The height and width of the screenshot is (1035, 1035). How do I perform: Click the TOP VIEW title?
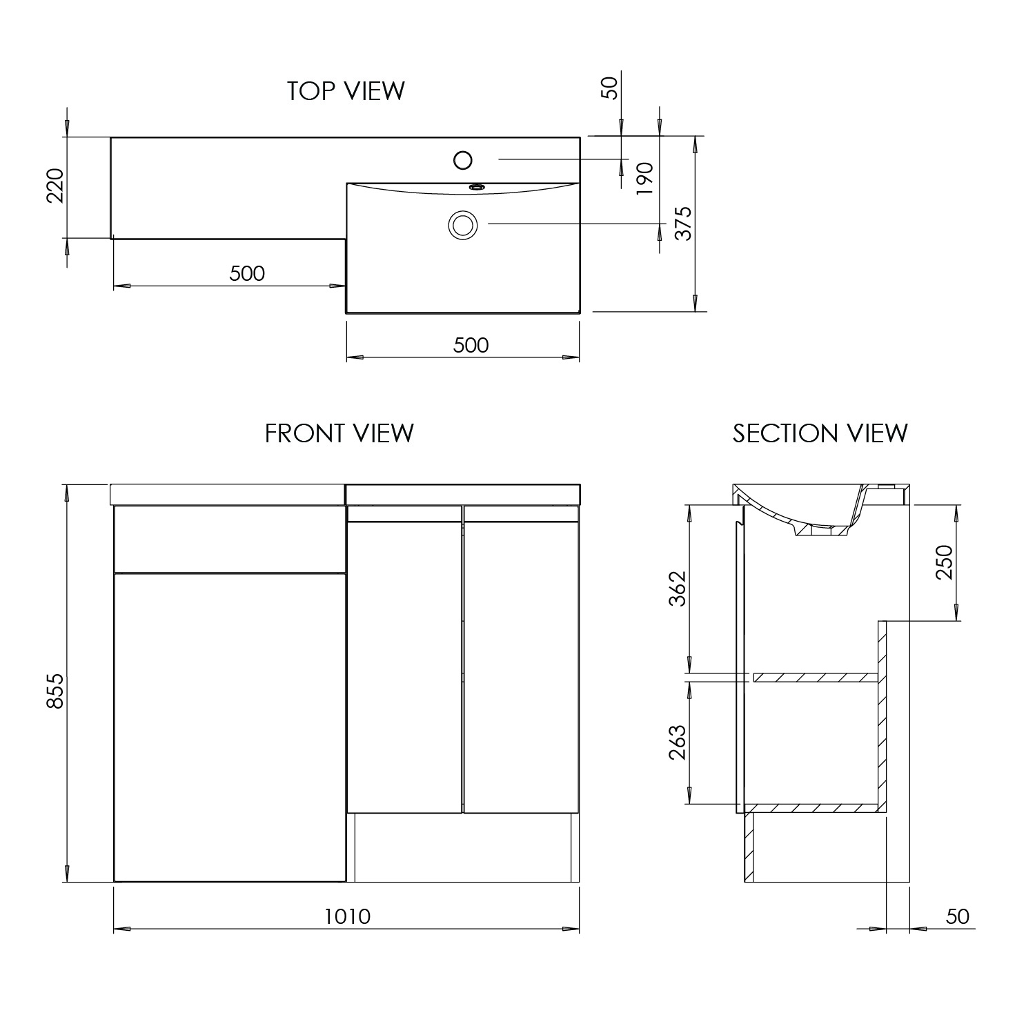click(346, 91)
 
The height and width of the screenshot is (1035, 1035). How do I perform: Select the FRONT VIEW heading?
click(339, 433)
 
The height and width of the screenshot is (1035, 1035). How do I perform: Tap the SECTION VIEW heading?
click(820, 433)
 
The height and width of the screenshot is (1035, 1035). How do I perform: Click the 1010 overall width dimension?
click(347, 916)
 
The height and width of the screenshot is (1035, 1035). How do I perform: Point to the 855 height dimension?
click(55, 690)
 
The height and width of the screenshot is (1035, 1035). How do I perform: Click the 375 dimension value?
click(682, 223)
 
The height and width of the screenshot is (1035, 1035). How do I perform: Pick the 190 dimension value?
click(644, 179)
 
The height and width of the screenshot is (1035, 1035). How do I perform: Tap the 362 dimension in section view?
click(678, 588)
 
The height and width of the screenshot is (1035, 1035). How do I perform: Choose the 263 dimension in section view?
click(678, 742)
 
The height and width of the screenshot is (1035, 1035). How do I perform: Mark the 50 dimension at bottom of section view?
click(957, 916)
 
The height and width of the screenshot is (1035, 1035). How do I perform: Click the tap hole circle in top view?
click(463, 160)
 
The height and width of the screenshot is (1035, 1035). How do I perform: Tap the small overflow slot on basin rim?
click(475, 186)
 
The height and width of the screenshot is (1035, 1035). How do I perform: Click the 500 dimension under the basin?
click(471, 344)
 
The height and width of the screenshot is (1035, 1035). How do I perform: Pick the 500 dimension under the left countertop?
click(247, 273)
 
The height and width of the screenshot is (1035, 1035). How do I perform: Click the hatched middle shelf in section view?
click(815, 678)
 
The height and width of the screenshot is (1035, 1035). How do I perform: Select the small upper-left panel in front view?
click(229, 539)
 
